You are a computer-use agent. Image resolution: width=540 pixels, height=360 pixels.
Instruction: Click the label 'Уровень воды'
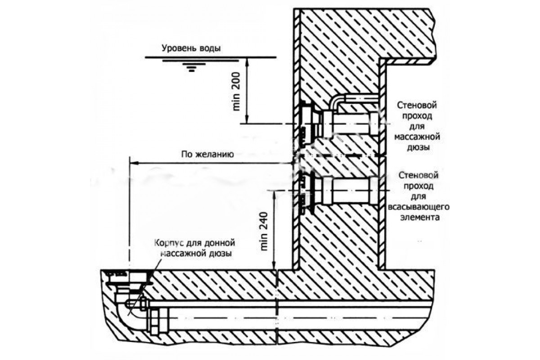coord(191,48)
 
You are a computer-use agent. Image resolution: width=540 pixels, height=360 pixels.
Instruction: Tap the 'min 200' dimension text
coord(237,91)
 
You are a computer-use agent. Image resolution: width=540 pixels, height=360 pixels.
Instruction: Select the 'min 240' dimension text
coord(264,231)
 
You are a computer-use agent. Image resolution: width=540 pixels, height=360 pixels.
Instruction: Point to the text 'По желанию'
coord(207,154)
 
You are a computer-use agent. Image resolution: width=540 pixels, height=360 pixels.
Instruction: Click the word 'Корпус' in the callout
coord(169,243)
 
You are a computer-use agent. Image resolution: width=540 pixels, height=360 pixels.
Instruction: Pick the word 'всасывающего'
coord(419,207)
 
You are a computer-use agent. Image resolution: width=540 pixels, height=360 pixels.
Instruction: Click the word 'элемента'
coord(420,217)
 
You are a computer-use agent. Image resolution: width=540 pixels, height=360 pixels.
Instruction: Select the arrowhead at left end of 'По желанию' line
coord(134,163)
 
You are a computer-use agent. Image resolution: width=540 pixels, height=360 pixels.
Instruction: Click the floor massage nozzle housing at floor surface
coord(129,280)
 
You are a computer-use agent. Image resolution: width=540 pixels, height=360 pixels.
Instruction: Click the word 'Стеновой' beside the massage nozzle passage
coord(417,105)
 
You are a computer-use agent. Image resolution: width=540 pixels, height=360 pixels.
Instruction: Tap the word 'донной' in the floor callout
coord(220,243)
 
